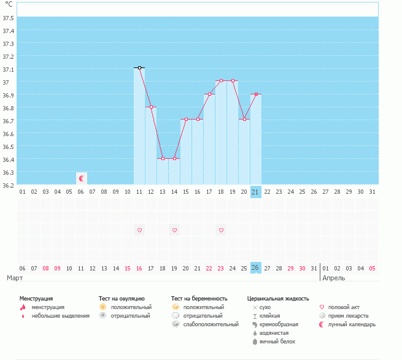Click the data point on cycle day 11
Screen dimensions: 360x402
pos(139,67)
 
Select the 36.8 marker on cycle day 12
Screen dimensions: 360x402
pos(151,107)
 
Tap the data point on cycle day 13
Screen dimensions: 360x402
pos(163,158)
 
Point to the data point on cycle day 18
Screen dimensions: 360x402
pos(221,81)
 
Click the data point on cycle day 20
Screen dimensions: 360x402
pos(244,119)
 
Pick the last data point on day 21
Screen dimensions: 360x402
pos(256,94)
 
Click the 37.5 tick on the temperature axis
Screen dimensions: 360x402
pos(9,18)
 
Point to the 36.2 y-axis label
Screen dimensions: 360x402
pos(9,185)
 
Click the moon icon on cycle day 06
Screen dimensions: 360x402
pos(81,178)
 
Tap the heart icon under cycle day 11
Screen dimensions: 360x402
pos(139,230)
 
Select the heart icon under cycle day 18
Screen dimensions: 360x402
pos(221,230)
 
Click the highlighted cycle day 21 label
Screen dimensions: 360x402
pos(256,192)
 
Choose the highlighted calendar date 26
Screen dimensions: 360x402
pos(256,268)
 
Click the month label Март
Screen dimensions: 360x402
pos(15,278)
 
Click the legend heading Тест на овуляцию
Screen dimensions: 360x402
pos(122,298)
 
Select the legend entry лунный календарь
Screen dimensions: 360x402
pos(352,324)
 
